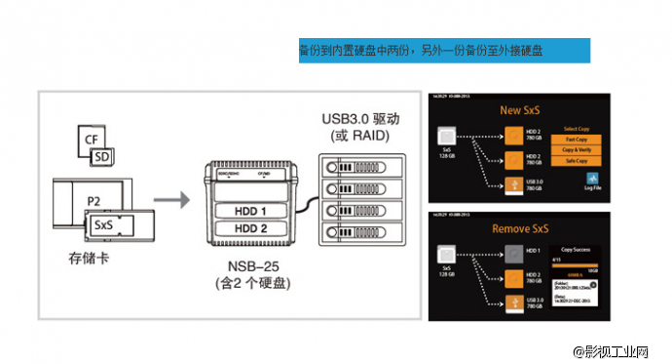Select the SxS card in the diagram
[x=101, y=224]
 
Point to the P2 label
[x=94, y=201]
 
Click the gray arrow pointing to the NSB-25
[x=170, y=201]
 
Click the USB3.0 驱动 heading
[x=359, y=118]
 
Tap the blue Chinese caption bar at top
[x=443, y=50]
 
